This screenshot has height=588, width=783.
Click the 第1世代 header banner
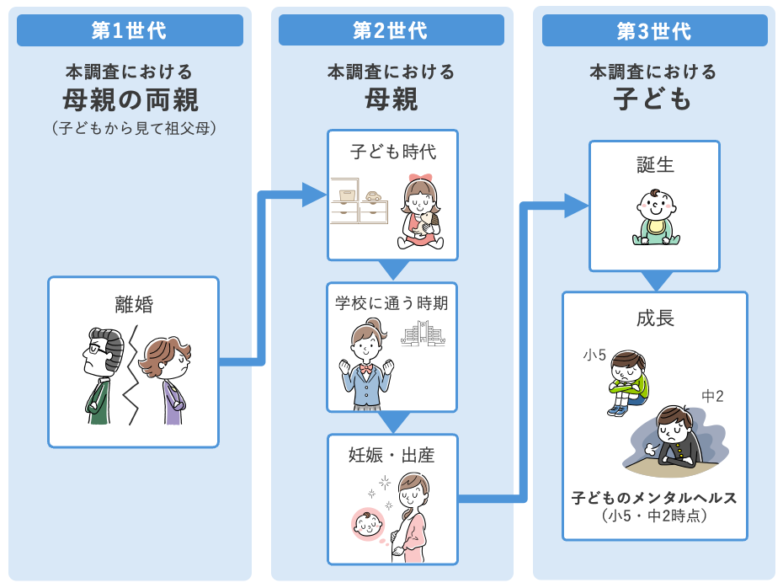[130, 30]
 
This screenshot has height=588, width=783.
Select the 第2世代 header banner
[391, 30]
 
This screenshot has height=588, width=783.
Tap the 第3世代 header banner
[655, 30]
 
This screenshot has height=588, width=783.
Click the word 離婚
[134, 304]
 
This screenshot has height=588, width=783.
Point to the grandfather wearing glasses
[104, 376]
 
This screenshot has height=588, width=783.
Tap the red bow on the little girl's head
[420, 179]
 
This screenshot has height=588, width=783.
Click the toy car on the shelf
[373, 195]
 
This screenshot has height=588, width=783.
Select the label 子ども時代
[393, 152]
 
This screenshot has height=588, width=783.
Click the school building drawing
[423, 334]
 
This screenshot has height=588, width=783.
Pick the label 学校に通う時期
[391, 302]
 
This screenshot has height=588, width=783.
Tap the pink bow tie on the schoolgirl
[366, 369]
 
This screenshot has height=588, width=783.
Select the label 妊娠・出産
[391, 455]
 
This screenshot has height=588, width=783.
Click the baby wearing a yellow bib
[656, 217]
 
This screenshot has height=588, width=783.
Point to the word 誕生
[655, 164]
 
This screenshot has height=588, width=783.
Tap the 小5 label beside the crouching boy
[594, 355]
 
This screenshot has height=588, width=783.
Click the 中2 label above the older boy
[712, 396]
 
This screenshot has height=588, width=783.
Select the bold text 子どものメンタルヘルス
[654, 498]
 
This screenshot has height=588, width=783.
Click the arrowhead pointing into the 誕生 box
[577, 206]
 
